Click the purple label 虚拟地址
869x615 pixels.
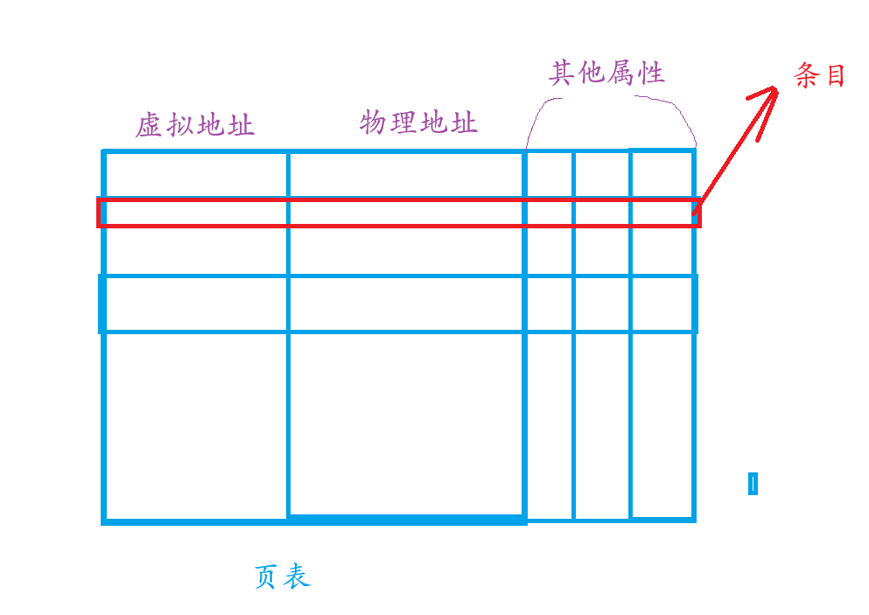point(194,126)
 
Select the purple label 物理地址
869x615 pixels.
point(418,123)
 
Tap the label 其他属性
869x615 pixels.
point(606,73)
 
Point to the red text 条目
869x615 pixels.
point(820,76)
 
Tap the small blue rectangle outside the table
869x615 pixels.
point(753,484)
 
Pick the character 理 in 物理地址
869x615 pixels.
point(403,123)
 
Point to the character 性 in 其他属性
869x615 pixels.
point(651,73)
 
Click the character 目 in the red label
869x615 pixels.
point(835,76)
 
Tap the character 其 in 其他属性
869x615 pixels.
point(562,73)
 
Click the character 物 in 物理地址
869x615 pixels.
point(374,123)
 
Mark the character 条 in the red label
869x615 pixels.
point(806,76)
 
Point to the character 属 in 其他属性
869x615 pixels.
point(621,73)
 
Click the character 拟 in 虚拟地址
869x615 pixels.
point(179,126)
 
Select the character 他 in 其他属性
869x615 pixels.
point(592,73)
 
